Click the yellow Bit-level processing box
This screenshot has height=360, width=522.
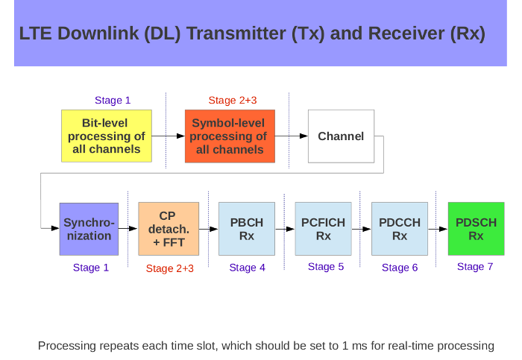tap(107, 136)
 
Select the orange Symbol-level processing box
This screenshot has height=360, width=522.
tap(230, 136)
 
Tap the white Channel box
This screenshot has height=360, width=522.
tap(342, 136)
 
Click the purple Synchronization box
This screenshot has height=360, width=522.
tap(89, 229)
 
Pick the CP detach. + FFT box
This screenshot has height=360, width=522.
tap(169, 229)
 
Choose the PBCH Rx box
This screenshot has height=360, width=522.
tap(247, 229)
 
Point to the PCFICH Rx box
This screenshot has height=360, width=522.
tap(323, 229)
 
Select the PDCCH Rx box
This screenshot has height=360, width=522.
tap(400, 229)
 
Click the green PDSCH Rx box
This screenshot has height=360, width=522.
tap(476, 229)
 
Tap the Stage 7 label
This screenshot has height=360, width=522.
tap(475, 267)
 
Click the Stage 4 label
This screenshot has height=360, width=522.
tap(248, 268)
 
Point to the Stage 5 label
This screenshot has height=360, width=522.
tap(326, 267)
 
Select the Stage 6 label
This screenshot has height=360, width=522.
tap(400, 268)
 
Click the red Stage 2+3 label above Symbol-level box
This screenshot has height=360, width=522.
tap(233, 100)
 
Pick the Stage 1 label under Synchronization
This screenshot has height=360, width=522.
tap(91, 268)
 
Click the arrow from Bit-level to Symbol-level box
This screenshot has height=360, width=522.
tap(169, 136)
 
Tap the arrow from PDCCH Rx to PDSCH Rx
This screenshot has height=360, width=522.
tap(438, 229)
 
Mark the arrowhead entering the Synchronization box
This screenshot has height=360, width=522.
tap(55, 228)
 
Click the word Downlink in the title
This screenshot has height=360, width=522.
tap(98, 34)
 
